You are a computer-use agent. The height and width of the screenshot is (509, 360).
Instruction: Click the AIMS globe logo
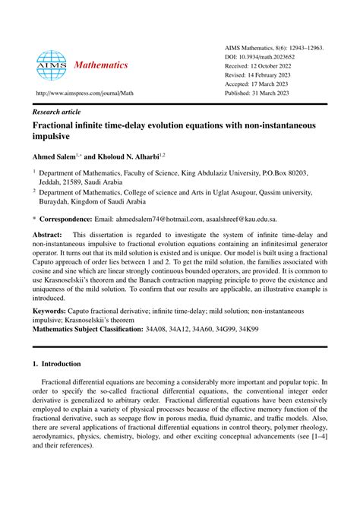coord(51,65)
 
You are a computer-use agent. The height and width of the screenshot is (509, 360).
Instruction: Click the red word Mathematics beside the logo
coord(100,66)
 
